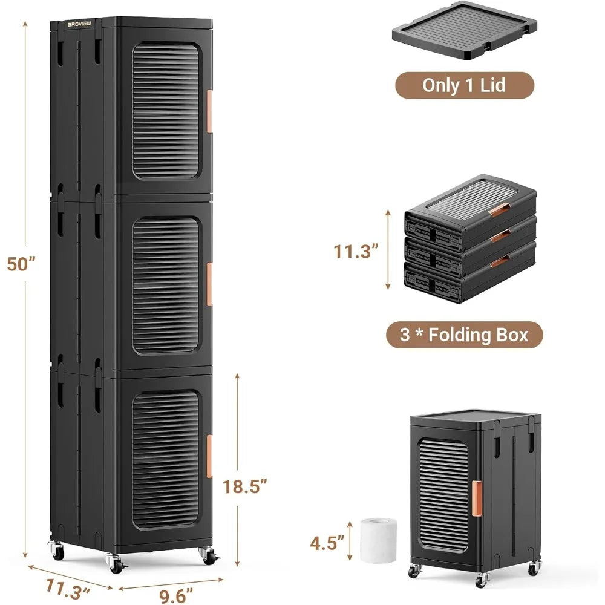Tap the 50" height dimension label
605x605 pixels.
pyautogui.click(x=20, y=263)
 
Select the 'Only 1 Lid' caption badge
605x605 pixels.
pyautogui.click(x=464, y=85)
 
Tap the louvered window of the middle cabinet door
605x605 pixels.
pyautogui.click(x=165, y=286)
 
